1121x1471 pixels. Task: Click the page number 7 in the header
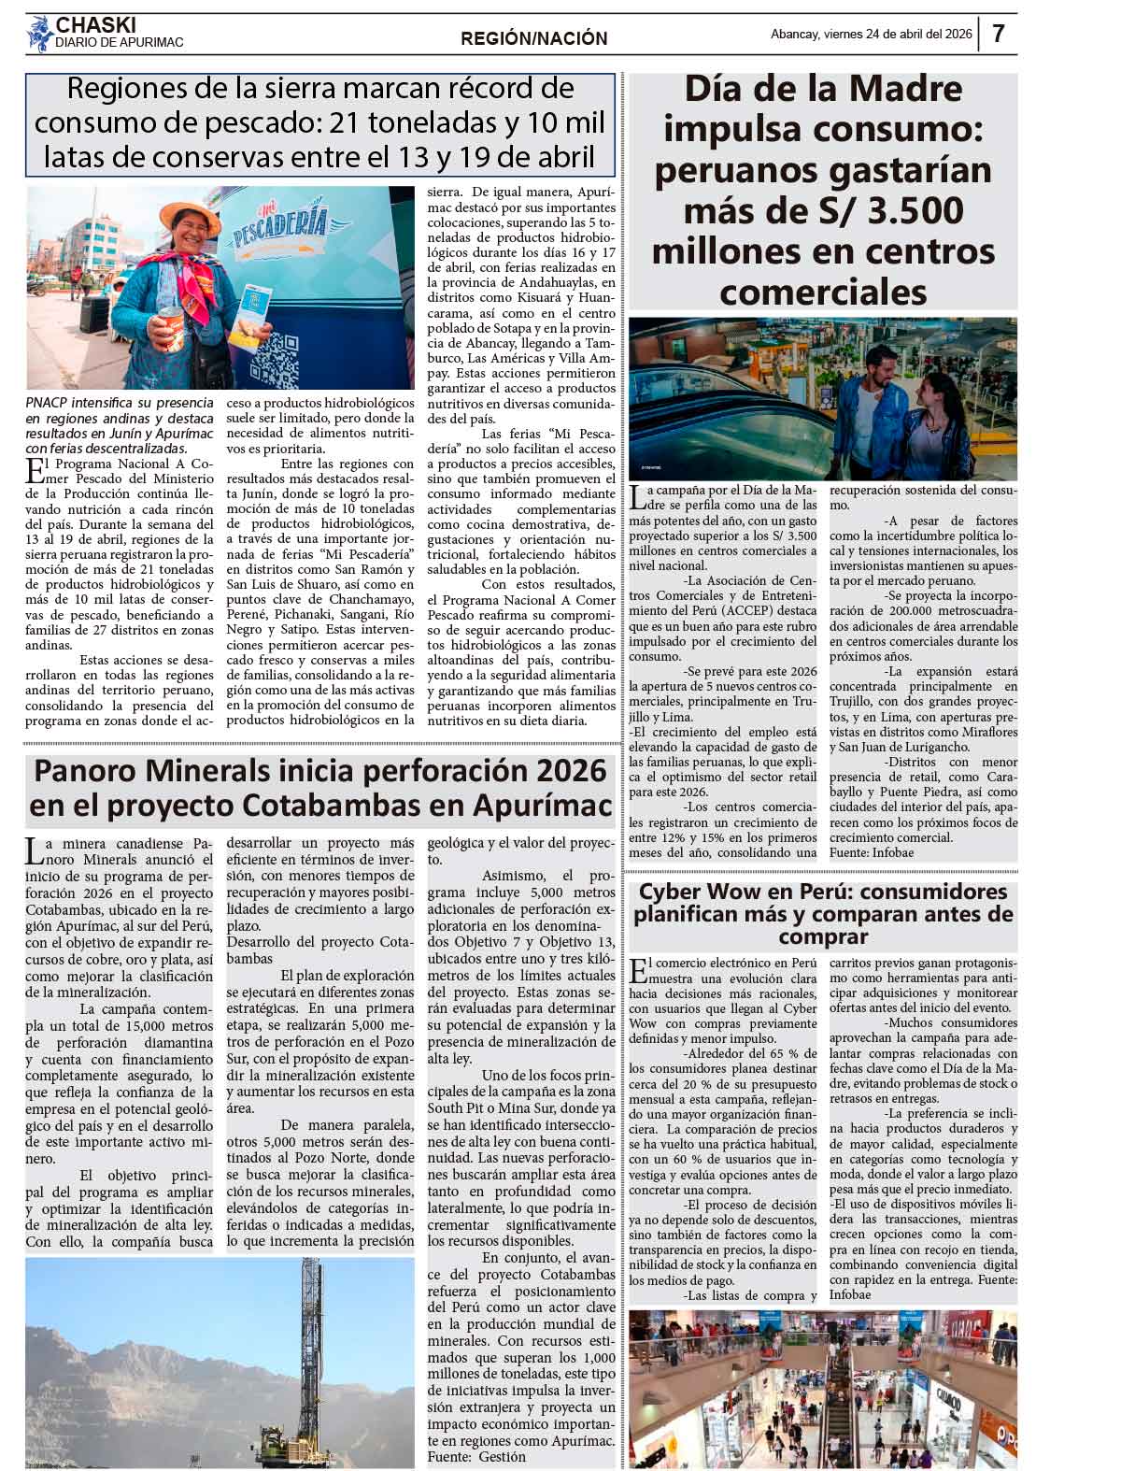coord(999,34)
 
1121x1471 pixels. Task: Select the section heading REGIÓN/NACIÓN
coord(533,38)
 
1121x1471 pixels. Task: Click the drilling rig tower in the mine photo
coord(309,1336)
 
